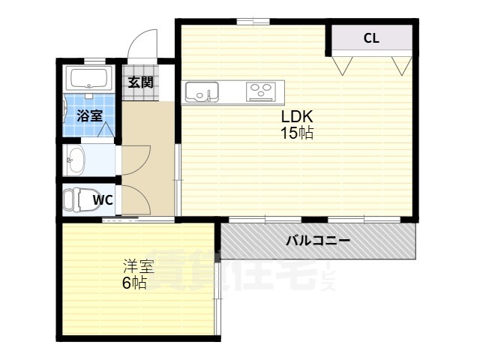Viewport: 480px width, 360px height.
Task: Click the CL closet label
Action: click(x=370, y=38)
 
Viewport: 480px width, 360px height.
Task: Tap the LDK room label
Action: click(x=296, y=118)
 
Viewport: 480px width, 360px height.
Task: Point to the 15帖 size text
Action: click(x=297, y=133)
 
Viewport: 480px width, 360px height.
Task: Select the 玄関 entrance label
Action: click(x=140, y=82)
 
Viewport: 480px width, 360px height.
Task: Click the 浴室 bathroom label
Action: click(x=90, y=115)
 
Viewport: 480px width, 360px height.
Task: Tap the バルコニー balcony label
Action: click(x=318, y=241)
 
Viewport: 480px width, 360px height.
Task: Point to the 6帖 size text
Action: click(x=135, y=283)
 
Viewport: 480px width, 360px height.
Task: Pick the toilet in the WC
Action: click(x=73, y=200)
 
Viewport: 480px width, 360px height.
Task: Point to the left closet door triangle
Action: click(x=344, y=64)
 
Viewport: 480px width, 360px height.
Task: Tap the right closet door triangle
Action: click(x=400, y=64)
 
